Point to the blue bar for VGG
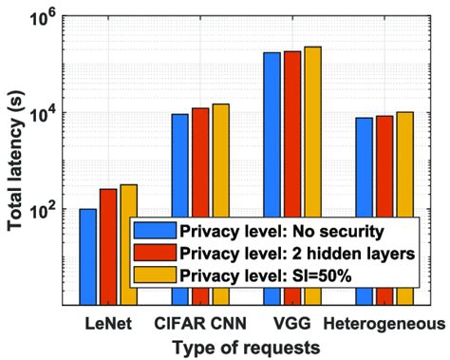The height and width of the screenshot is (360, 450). [x=272, y=133]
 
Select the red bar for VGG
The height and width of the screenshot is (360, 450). [x=291, y=132]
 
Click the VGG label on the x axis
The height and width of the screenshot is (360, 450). [x=291, y=324]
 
